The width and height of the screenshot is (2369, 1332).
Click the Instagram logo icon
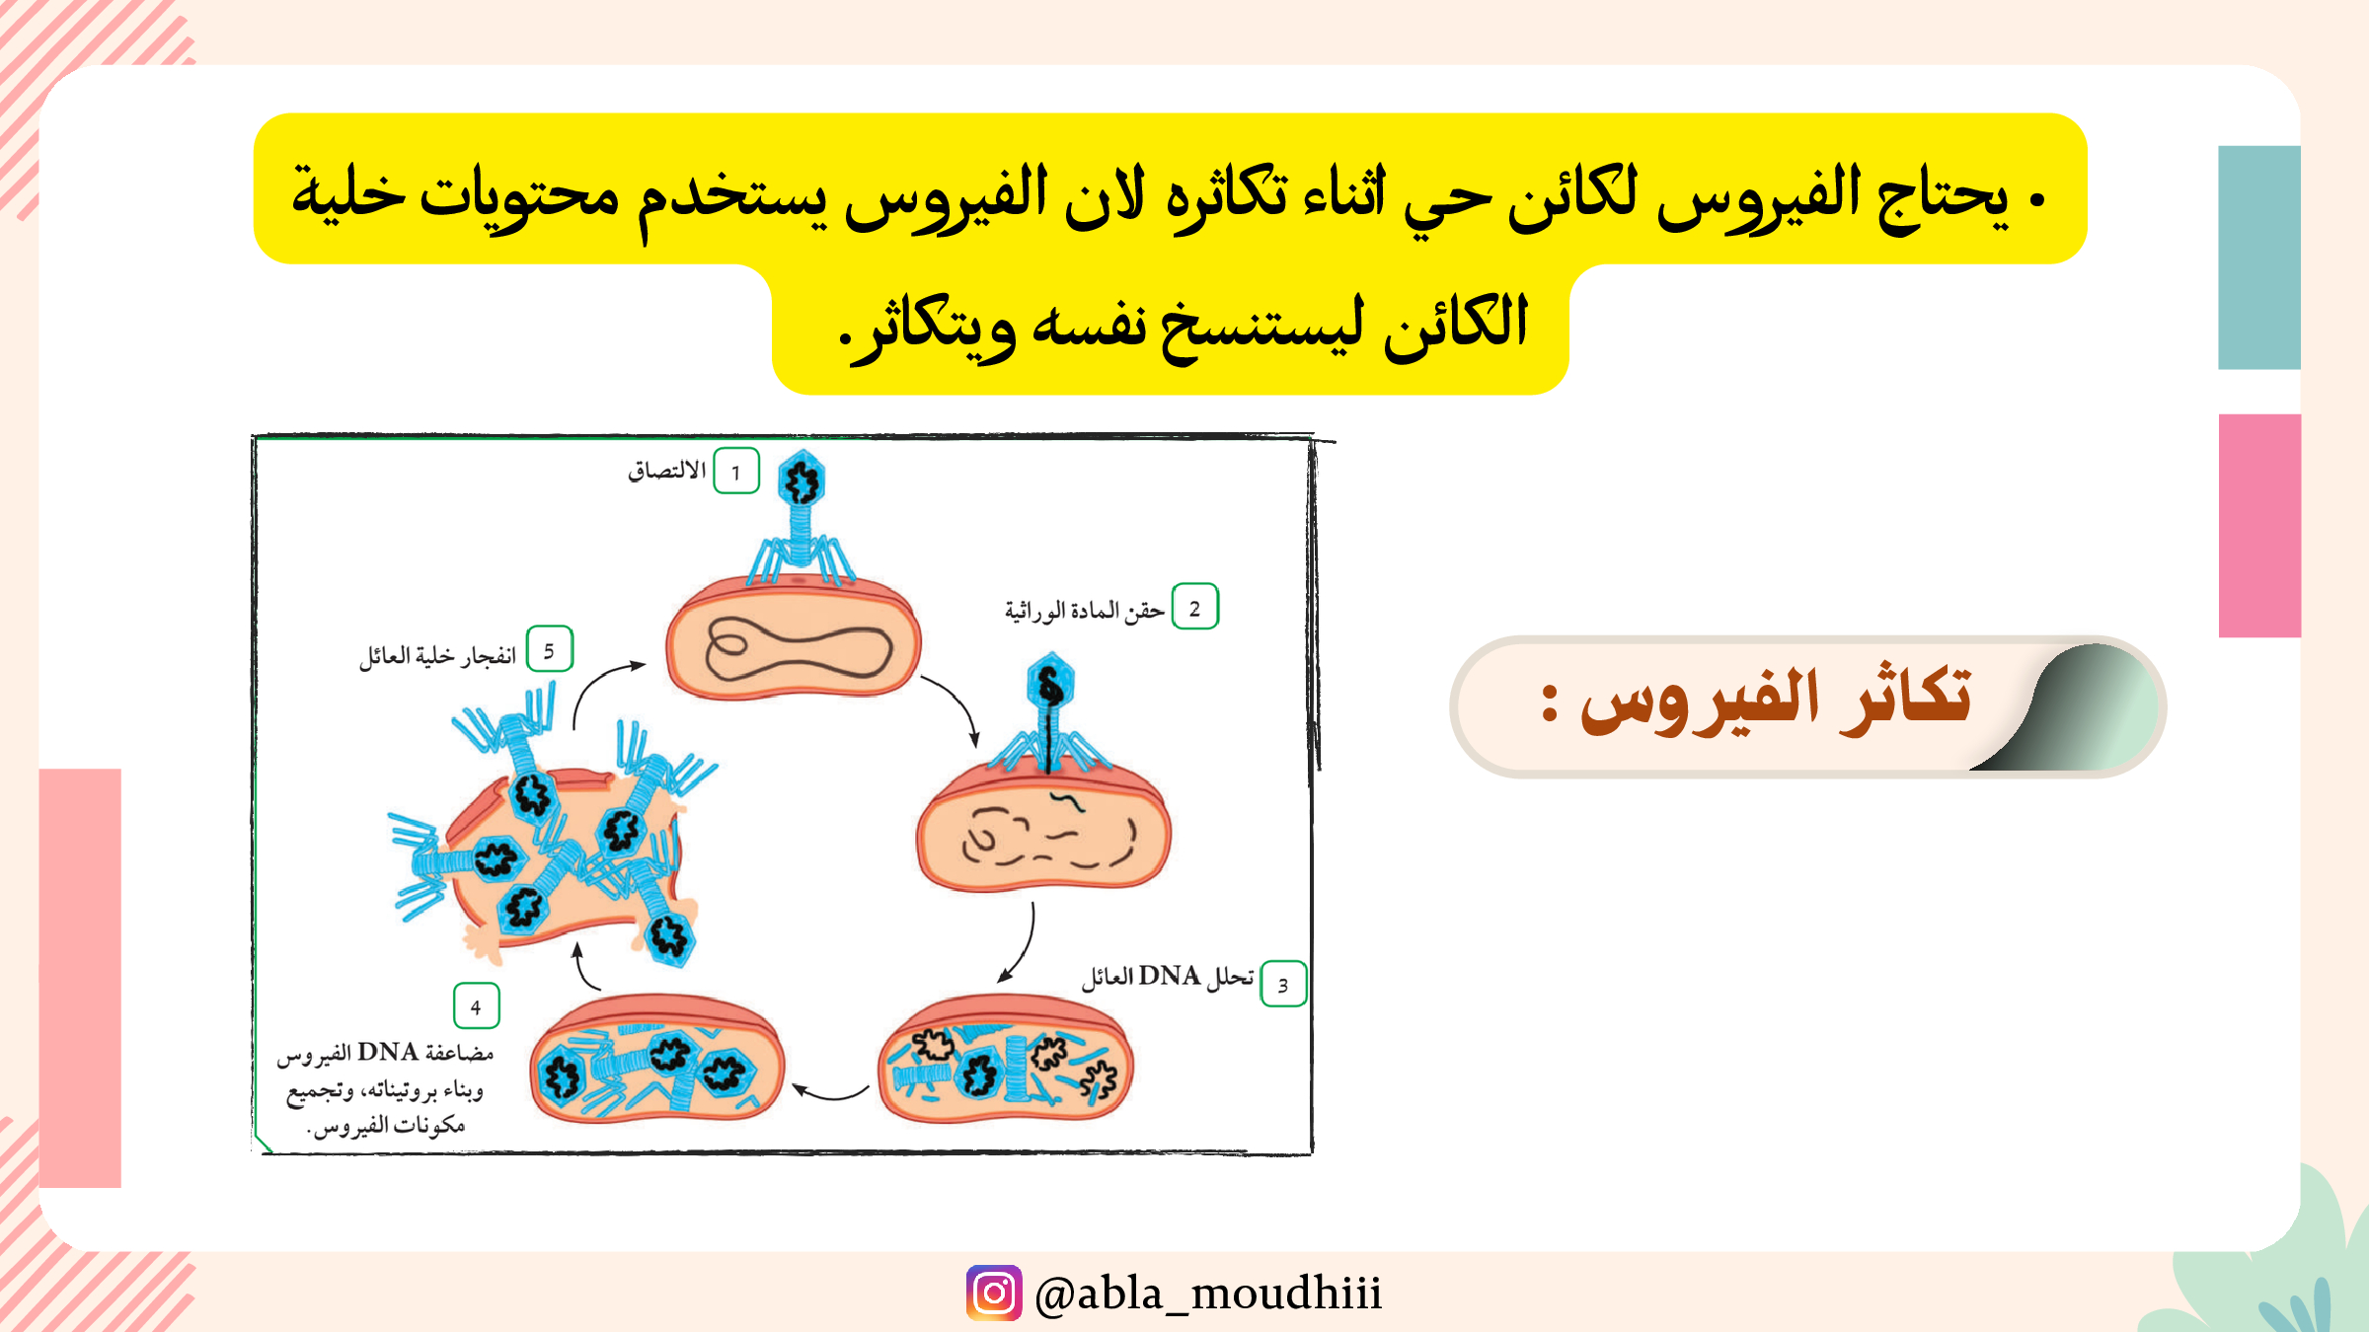(994, 1293)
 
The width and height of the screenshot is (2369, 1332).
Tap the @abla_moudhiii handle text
(1208, 1294)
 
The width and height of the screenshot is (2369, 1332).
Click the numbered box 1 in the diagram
(736, 471)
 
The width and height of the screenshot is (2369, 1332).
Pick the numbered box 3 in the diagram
(1283, 984)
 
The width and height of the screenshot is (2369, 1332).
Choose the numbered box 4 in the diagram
(476, 1006)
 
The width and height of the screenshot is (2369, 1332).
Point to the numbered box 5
(550, 649)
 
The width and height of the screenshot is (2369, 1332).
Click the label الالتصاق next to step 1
(667, 471)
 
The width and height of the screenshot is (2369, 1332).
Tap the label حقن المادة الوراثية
(1085, 611)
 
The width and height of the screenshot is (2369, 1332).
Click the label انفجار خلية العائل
(437, 655)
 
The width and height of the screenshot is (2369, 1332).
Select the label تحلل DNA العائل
(1167, 977)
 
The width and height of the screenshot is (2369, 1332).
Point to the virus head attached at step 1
(802, 481)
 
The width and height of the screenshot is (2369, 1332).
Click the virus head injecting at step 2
(1050, 682)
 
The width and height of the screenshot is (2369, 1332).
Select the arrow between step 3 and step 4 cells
(830, 1092)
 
